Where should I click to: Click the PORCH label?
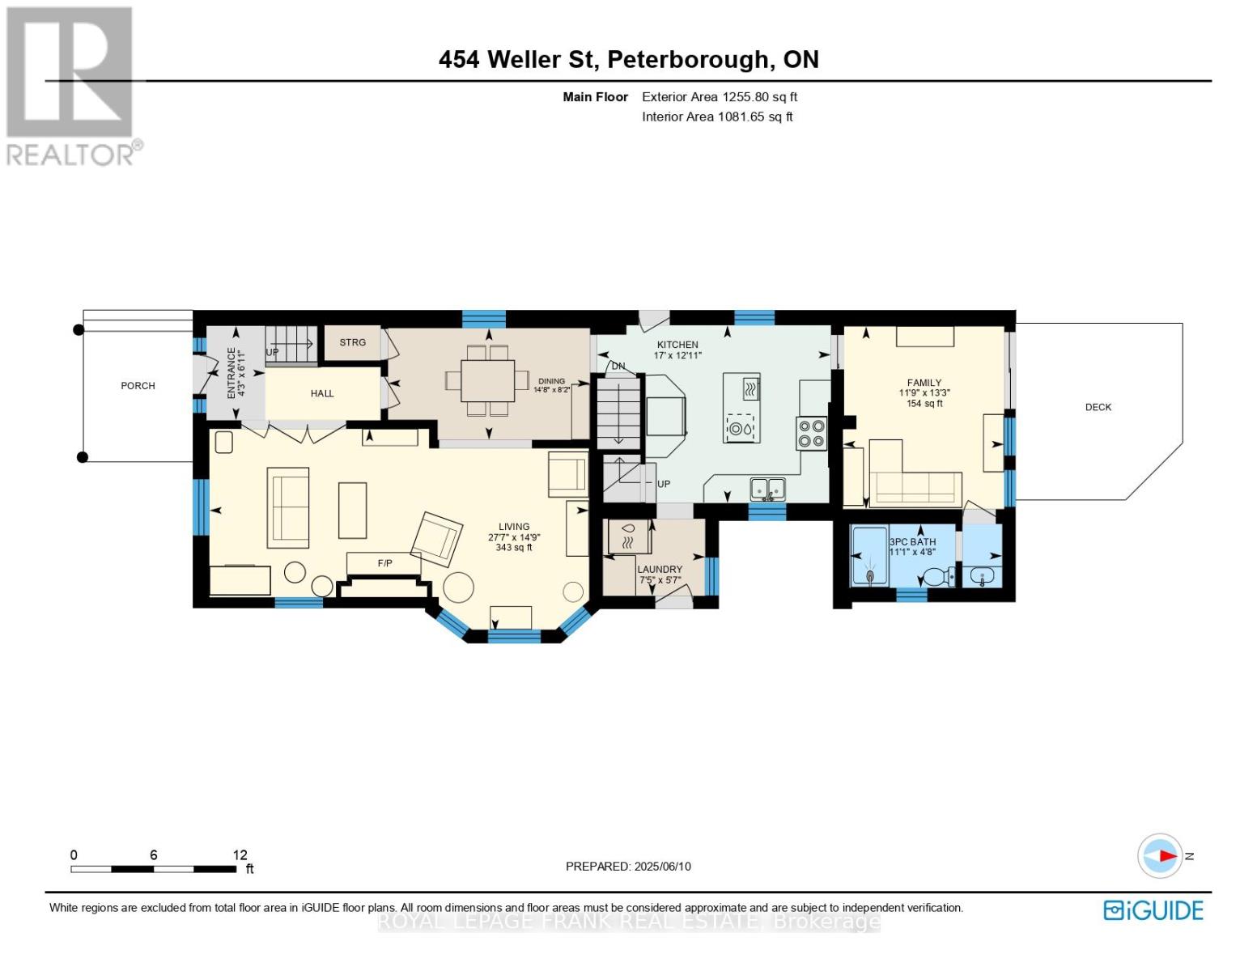138,386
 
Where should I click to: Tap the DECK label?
1098,407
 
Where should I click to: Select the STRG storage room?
352,342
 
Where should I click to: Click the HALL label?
322,393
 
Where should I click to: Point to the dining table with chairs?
487,380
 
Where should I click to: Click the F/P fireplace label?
384,562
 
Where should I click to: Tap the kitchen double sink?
767,489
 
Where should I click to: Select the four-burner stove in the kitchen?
811,433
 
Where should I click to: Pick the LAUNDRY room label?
660,569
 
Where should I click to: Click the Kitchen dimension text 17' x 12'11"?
677,355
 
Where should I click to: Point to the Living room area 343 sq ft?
514,548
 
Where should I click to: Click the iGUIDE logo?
1153,910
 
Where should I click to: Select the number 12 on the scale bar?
240,854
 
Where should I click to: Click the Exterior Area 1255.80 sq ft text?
720,97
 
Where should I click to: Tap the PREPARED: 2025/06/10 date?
628,866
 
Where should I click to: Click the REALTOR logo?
71,85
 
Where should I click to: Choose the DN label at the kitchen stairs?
618,367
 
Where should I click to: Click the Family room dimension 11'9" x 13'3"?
924,393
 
